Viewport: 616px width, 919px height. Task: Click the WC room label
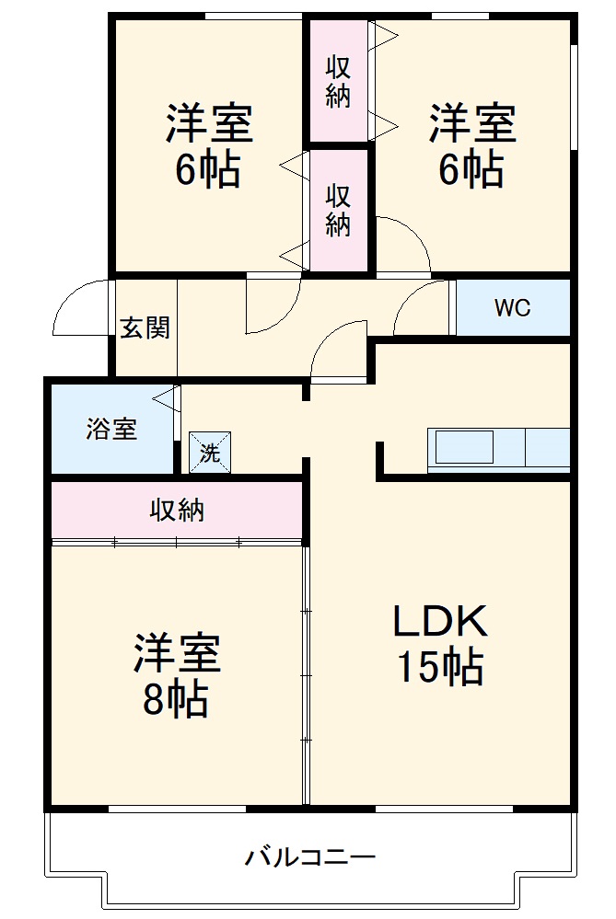click(x=512, y=308)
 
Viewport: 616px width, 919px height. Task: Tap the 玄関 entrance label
click(x=145, y=328)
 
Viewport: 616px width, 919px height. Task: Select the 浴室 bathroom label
click(x=111, y=429)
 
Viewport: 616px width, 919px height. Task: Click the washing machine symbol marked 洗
click(x=210, y=453)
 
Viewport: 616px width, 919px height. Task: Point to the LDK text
click(x=440, y=623)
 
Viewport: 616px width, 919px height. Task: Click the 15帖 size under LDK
click(x=440, y=667)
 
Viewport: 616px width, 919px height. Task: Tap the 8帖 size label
click(x=175, y=700)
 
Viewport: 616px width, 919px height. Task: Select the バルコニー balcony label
click(x=310, y=858)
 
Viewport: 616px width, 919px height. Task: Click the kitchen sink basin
click(x=464, y=449)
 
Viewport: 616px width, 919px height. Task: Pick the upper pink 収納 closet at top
click(x=338, y=81)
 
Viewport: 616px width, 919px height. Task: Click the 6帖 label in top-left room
click(x=208, y=169)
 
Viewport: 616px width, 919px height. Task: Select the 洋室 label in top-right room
click(x=472, y=124)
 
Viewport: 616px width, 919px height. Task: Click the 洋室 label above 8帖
click(x=177, y=654)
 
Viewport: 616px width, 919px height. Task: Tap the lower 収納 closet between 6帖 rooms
click(x=338, y=210)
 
